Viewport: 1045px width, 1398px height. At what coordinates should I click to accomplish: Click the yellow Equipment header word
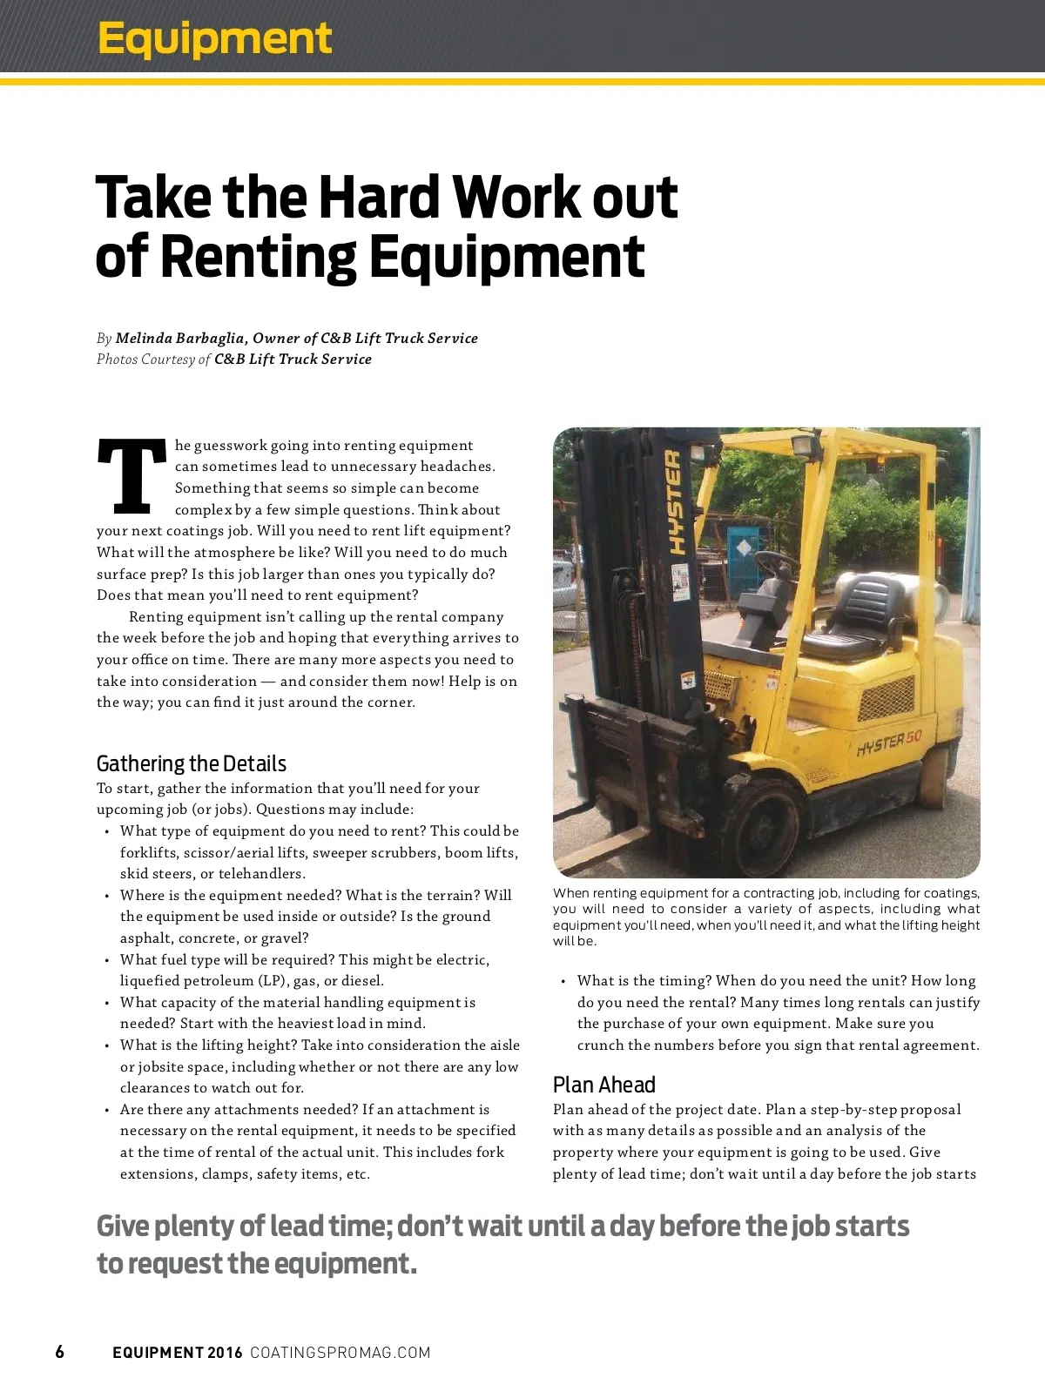[x=214, y=39]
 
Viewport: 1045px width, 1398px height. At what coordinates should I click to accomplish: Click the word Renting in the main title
[x=259, y=257]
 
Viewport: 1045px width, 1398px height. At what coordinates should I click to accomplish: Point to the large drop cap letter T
[x=131, y=476]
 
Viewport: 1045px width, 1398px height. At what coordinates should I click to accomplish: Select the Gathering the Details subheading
[x=191, y=763]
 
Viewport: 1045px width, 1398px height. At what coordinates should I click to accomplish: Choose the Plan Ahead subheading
[x=603, y=1085]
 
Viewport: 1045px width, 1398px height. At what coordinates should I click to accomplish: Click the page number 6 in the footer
[x=59, y=1352]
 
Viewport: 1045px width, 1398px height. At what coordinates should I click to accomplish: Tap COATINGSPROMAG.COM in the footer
[x=340, y=1352]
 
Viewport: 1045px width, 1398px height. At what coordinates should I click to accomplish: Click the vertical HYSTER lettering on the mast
[x=673, y=502]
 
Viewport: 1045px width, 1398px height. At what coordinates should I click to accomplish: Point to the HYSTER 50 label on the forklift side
[x=888, y=743]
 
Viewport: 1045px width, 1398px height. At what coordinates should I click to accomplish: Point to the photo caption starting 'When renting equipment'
[x=766, y=917]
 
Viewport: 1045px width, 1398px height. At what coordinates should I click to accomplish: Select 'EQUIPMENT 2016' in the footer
[x=178, y=1352]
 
